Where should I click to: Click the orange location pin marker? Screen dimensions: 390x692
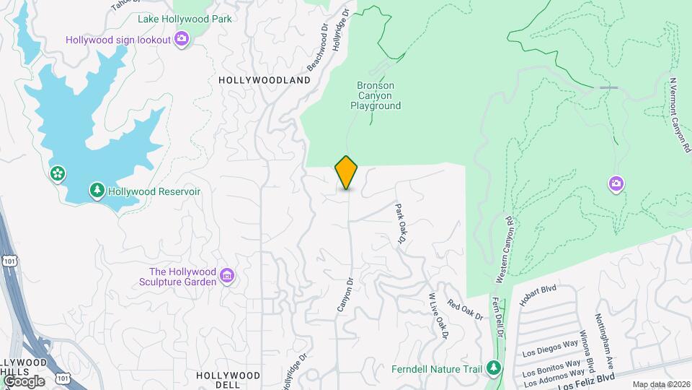pos(346,173)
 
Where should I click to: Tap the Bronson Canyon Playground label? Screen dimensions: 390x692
pos(375,95)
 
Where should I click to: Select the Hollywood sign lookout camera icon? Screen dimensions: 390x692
pos(182,39)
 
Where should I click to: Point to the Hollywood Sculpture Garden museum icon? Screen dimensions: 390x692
pos(227,275)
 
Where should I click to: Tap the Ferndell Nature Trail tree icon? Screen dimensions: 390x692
pos(493,368)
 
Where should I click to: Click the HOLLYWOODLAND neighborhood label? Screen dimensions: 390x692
pos(264,80)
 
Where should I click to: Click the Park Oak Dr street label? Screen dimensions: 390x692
pos(402,223)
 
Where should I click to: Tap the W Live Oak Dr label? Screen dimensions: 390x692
pos(438,316)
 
